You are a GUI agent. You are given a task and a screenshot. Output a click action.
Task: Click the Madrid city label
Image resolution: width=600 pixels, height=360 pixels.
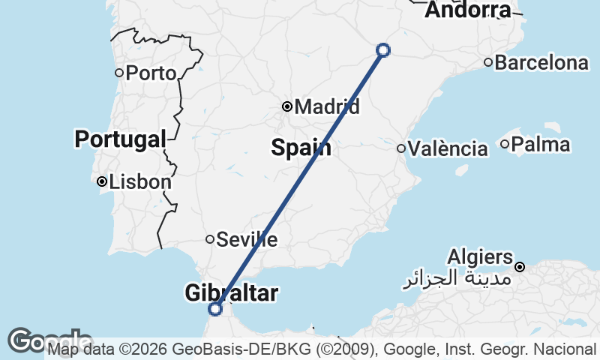[327, 107]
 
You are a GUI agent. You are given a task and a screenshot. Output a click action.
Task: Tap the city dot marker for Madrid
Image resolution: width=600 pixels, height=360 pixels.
[287, 106]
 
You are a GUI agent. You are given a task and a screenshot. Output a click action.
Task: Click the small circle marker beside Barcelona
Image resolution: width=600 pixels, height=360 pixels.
[488, 62]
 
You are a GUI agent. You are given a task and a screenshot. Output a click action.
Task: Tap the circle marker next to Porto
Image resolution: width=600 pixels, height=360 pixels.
[119, 73]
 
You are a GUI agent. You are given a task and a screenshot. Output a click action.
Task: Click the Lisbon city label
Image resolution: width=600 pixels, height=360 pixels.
[140, 181]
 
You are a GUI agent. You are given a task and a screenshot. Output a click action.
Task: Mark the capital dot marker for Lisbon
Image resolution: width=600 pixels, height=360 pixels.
[102, 181]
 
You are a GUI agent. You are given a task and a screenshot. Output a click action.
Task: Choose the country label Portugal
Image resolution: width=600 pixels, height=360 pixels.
[120, 139]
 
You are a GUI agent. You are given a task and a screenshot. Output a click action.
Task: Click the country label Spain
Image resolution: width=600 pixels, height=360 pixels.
[301, 148]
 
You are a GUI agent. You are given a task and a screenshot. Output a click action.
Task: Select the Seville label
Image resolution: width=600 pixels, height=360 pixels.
[247, 240]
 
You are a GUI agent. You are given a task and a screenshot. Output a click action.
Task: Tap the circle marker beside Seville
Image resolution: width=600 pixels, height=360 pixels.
[211, 239]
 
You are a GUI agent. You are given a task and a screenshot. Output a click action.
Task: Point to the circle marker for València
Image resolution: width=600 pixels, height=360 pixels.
[402, 148]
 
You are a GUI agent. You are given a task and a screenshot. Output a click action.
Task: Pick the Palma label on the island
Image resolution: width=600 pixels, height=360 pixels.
[540, 144]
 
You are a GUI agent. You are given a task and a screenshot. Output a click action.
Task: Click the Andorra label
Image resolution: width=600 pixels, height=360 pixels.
[468, 10]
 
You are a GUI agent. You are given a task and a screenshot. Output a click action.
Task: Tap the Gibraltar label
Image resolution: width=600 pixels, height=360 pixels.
[231, 293]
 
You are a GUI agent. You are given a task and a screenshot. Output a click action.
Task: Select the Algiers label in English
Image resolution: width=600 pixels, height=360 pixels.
[481, 257]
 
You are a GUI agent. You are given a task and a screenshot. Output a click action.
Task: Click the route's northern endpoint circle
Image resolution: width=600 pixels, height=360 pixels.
[383, 50]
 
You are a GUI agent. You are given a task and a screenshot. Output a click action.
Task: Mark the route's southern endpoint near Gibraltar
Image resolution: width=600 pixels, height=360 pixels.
[216, 308]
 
